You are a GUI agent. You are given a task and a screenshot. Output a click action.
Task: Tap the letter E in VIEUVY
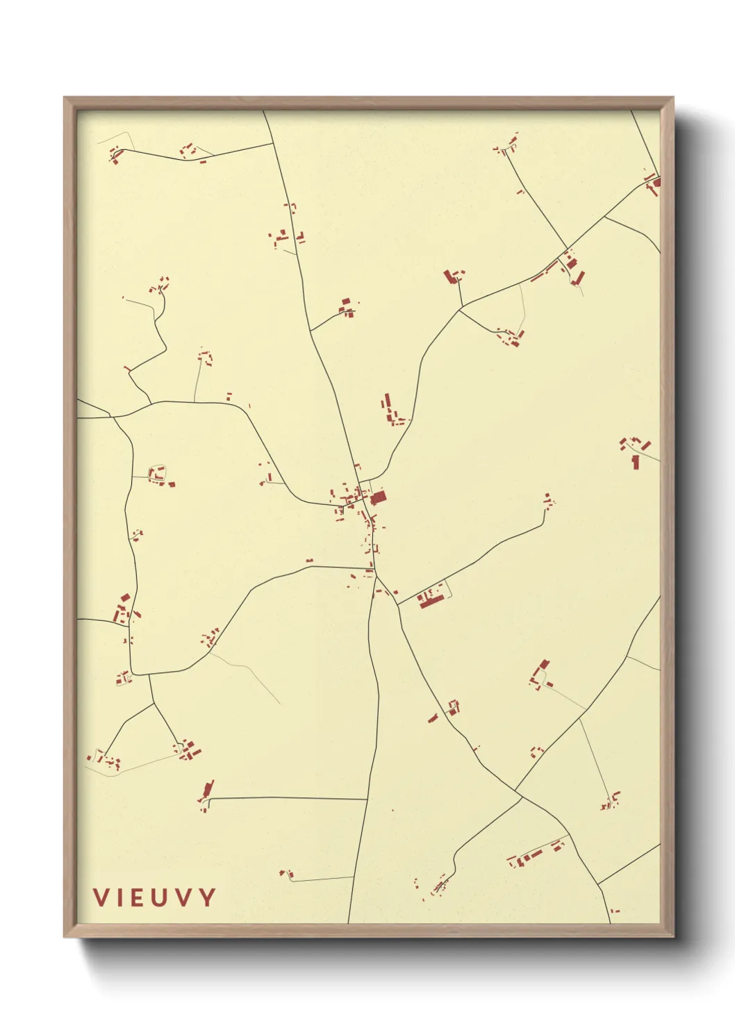[x=138, y=897]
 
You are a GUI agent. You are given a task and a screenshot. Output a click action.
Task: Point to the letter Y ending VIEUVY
[x=207, y=897]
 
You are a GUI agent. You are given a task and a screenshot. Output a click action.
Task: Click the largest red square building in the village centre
[x=378, y=498]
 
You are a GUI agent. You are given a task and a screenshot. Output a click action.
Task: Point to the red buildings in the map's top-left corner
[x=115, y=154]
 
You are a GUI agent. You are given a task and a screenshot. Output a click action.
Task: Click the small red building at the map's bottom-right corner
[x=614, y=911]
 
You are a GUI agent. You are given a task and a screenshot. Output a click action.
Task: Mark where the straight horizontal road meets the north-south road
[x=367, y=799]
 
